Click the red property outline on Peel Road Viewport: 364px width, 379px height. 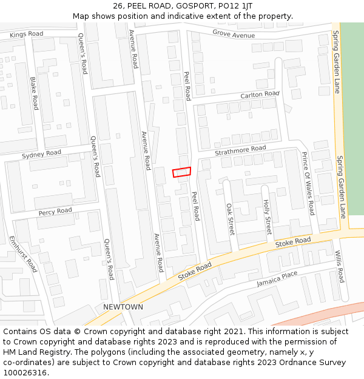point(181,172)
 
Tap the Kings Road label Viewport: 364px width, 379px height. point(26,34)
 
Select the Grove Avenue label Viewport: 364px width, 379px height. point(234,35)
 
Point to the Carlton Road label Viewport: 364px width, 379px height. point(260,95)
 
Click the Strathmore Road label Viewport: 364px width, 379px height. point(240,149)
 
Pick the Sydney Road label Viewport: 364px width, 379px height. point(41,155)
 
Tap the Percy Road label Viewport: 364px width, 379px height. point(55,212)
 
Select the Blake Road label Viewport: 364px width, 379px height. point(34,93)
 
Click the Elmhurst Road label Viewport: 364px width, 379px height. point(23,254)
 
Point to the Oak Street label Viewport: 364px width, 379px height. point(230,218)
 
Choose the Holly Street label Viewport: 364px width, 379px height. point(268,218)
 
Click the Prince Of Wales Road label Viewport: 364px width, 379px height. point(308,183)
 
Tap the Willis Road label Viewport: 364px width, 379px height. point(340,267)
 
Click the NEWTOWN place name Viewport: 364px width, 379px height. point(123,307)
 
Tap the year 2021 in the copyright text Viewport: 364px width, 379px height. point(231,332)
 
